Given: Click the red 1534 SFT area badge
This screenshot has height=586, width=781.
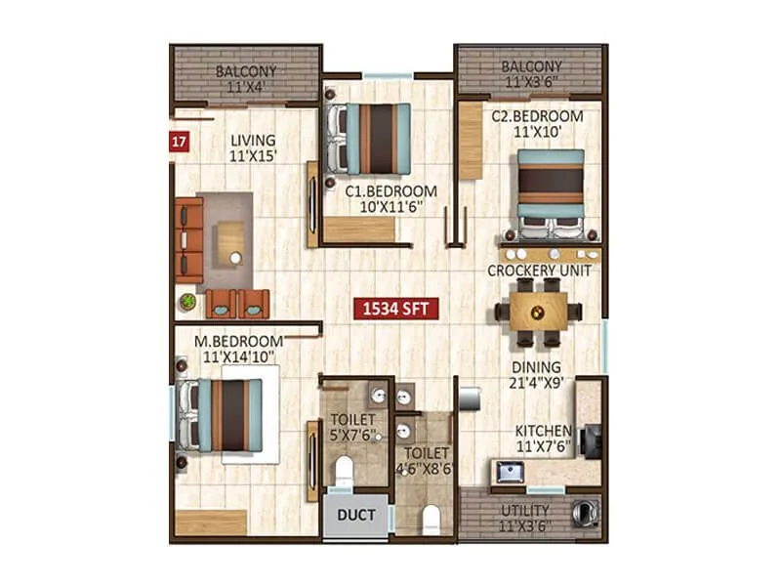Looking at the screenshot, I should tap(396, 310).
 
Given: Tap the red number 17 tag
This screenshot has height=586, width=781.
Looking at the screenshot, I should tap(179, 140).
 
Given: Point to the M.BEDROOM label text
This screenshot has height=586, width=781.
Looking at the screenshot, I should tap(238, 341).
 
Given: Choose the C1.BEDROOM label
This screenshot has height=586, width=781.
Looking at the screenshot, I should tap(390, 191).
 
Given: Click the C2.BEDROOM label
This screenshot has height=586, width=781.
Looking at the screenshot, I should tap(537, 115).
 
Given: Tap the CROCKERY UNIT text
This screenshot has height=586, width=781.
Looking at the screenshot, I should tap(539, 271).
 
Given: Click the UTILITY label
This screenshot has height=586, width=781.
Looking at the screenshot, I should tap(526, 510).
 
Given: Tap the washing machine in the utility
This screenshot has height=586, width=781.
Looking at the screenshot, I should tap(584, 511).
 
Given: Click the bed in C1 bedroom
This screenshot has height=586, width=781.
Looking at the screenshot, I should tap(369, 139).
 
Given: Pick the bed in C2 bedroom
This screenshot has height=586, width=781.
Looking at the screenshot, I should tap(550, 193).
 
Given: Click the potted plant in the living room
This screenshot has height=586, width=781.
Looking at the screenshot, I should tap(186, 302).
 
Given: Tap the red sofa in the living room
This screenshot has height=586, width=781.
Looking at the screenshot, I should tap(189, 240).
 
